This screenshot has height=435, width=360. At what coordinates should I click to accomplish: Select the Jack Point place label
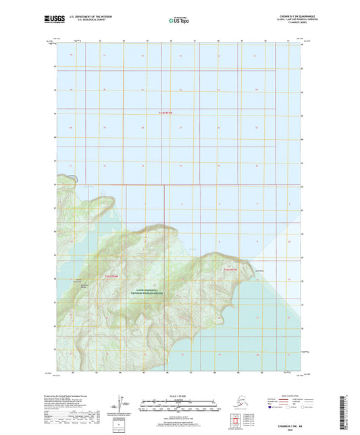(x=259, y=272)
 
